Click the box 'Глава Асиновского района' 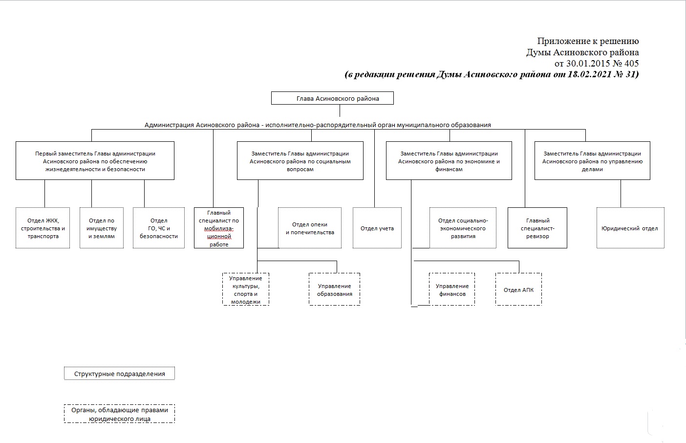(x=332, y=98)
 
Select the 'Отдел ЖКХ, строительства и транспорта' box (x=43, y=228)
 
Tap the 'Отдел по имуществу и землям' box (x=102, y=228)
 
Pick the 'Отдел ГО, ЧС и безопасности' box (x=159, y=228)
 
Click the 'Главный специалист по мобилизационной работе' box (x=219, y=228)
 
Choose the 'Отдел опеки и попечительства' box (x=310, y=228)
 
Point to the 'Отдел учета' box (x=377, y=228)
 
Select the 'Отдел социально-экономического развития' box (x=463, y=228)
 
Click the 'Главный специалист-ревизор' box (x=537, y=228)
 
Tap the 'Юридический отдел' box (x=630, y=228)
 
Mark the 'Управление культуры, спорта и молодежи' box (x=246, y=289)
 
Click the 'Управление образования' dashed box (x=334, y=289)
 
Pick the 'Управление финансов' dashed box (x=452, y=289)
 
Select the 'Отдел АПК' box (x=518, y=289)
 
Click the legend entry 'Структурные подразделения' (x=119, y=374)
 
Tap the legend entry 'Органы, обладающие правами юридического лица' (x=119, y=414)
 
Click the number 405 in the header (x=631, y=64)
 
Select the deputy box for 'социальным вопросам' (x=300, y=161)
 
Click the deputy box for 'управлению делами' (x=592, y=161)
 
